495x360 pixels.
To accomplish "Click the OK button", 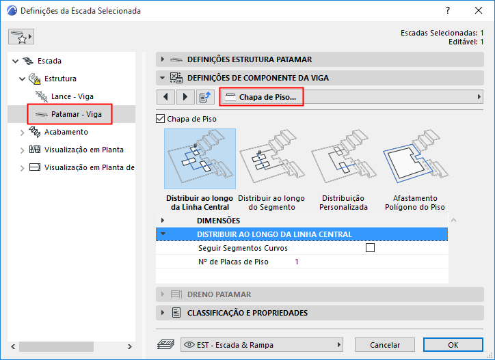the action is click(453, 345).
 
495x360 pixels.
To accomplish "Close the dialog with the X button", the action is click(479, 10).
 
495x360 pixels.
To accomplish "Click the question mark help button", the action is click(448, 10).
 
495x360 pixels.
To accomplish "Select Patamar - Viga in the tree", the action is click(76, 114).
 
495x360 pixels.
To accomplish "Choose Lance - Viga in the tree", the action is click(72, 96).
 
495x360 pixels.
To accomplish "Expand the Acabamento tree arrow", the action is click(22, 133).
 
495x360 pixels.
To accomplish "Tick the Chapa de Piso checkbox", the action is click(161, 119).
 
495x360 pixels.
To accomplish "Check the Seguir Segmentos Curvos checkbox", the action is click(370, 248).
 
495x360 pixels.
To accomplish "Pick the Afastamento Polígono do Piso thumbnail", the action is click(415, 158).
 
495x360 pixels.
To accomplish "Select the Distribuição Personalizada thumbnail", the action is click(343, 158).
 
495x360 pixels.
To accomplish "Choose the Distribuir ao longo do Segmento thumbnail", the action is click(271, 158).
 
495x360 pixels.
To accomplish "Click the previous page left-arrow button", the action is click(165, 97).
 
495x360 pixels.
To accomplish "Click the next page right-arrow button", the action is click(185, 97).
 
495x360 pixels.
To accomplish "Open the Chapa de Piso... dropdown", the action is click(351, 97).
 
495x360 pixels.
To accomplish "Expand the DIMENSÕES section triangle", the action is click(163, 220).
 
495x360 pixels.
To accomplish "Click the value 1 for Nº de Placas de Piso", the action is click(297, 262).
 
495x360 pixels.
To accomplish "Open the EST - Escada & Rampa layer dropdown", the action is click(262, 345).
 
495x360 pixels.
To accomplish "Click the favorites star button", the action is click(21, 37).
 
